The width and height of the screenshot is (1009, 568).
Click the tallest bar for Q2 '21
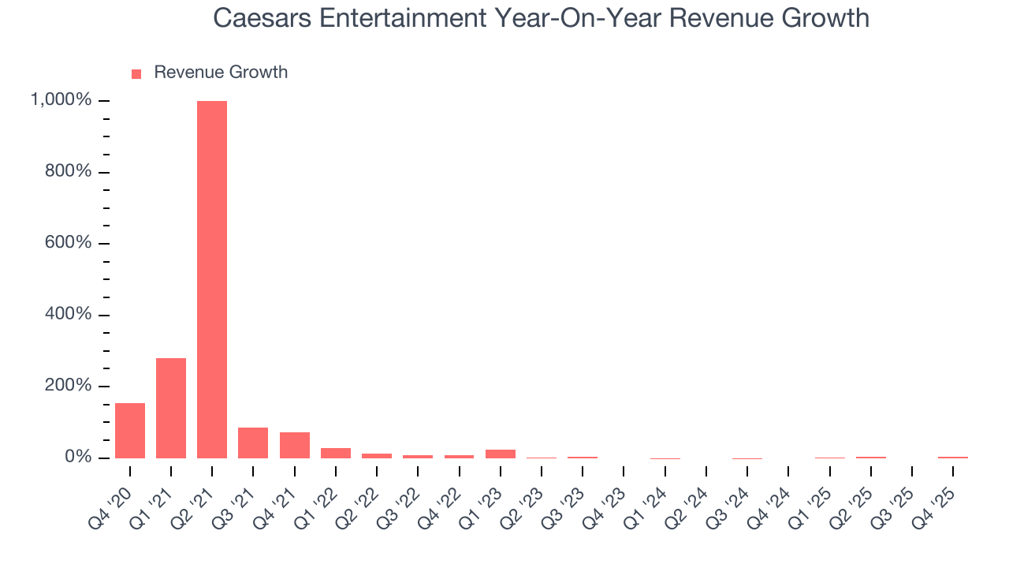click(x=212, y=279)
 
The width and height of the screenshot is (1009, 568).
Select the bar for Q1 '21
click(x=171, y=408)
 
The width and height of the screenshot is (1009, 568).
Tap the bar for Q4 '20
click(x=130, y=431)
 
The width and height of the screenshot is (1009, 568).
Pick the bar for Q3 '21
click(x=253, y=443)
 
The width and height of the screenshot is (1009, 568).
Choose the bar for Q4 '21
click(x=294, y=445)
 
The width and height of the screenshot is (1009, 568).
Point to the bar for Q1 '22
click(x=336, y=453)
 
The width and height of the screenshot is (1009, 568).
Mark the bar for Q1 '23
click(x=501, y=454)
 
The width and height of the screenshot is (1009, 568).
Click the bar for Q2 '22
click(x=377, y=455)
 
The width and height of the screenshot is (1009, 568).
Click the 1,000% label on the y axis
click(x=61, y=100)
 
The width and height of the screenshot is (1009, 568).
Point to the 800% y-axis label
click(x=69, y=172)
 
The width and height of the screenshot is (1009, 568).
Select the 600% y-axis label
click(x=69, y=243)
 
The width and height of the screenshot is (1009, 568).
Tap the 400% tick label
click(x=69, y=315)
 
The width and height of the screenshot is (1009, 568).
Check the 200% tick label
click(x=69, y=386)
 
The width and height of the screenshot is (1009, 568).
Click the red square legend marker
click(x=136, y=73)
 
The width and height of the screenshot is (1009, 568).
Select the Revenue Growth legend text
click(x=221, y=73)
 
